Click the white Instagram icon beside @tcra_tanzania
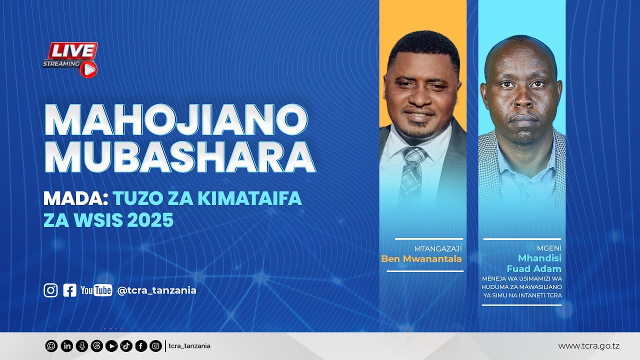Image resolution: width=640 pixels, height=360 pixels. pos(50,290)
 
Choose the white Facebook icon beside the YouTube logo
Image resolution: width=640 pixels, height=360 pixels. pos(70,290)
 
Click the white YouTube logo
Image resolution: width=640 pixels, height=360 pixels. pos(96,290)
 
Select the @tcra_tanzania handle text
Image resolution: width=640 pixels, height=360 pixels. pos(156,290)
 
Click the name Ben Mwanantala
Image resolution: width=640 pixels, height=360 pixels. pos(421,259)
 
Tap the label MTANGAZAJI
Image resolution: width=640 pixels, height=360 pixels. pos(438,248)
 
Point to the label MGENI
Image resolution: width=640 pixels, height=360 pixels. pos(549,248)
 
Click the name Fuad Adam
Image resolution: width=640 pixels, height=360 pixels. pos(534,268)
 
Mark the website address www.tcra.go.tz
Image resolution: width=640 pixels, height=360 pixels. pos(589,346)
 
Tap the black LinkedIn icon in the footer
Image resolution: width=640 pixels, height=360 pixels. pos(66,346)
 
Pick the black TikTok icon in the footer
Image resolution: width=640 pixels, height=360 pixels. pos(126,346)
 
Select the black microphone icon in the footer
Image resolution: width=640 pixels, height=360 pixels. pos(81,346)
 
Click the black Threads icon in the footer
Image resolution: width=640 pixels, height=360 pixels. pos(96,346)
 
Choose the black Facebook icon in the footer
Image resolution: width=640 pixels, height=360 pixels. pos(141,346)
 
